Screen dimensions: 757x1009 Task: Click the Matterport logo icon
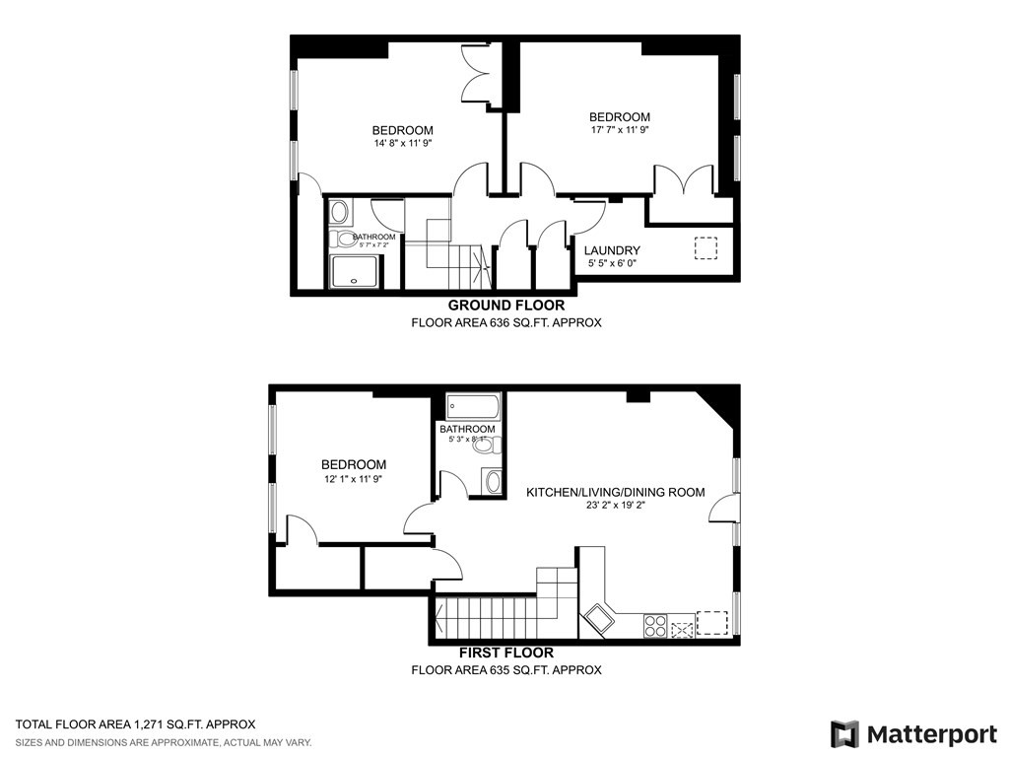point(844,734)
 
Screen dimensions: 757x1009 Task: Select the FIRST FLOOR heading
point(506,653)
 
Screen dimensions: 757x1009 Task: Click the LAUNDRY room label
point(612,250)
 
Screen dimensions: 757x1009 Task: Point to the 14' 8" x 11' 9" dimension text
point(403,144)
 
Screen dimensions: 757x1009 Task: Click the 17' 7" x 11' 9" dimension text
point(620,130)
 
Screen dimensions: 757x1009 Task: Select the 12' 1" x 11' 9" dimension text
point(353,479)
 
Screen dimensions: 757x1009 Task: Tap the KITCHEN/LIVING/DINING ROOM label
point(616,492)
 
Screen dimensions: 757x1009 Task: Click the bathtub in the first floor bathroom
point(473,406)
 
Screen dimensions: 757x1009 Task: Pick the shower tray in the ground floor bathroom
point(354,272)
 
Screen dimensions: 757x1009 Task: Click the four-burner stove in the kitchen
point(655,625)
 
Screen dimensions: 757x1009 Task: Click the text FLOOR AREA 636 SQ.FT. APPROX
point(506,322)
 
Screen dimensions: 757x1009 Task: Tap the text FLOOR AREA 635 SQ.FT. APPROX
point(506,669)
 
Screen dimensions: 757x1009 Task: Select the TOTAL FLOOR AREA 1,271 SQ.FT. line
point(135,723)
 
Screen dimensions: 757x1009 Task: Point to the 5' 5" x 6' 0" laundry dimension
point(612,264)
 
